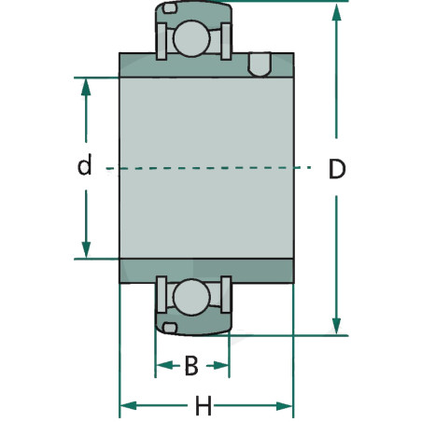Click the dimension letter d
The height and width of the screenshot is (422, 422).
85,164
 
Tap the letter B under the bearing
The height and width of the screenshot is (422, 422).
191,365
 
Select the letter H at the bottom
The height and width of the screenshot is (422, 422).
204,405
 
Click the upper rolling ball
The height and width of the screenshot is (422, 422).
191,38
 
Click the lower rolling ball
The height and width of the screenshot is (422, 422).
191,297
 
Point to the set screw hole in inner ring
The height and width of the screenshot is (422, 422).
260,64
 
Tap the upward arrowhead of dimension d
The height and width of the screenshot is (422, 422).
86,87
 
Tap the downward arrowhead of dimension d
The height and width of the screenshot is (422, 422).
86,249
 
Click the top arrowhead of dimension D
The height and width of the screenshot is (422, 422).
336,12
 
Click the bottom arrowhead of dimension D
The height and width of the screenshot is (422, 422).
336,326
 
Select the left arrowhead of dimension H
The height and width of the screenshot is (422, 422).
129,406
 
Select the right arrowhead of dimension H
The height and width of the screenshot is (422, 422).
284,406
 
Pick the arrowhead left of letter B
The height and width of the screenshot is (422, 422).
164,365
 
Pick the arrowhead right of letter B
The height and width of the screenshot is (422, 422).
220,365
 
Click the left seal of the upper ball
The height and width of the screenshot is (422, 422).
162,41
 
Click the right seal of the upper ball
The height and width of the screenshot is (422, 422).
226,41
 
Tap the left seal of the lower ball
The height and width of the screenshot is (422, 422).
162,294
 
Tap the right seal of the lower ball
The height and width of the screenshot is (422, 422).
226,294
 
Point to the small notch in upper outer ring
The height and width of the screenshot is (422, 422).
170,8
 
